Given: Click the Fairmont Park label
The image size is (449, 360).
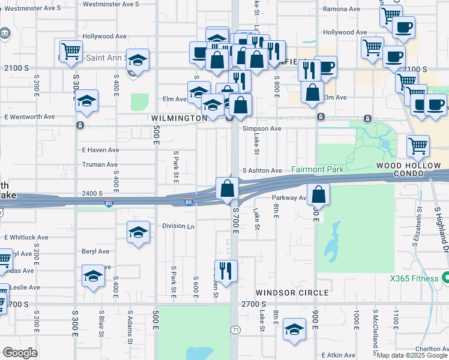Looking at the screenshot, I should [x=318, y=170].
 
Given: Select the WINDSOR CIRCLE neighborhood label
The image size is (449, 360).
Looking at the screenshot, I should [x=292, y=293].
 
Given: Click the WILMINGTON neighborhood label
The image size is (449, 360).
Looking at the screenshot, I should [x=179, y=119].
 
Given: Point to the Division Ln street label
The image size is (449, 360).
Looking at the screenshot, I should [x=178, y=226].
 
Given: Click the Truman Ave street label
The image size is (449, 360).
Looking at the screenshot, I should [x=100, y=164].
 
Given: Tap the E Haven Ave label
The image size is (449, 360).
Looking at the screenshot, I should [x=100, y=150].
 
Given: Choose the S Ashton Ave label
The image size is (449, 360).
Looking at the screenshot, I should [x=262, y=171].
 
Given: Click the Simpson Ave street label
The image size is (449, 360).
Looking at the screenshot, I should [x=262, y=128].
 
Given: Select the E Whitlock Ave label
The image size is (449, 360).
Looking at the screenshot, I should [x=26, y=238].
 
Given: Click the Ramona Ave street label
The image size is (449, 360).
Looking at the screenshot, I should [x=340, y=10].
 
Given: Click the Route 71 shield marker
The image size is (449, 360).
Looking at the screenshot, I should [x=235, y=330].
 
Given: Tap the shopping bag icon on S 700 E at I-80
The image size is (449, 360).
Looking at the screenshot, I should [x=228, y=189].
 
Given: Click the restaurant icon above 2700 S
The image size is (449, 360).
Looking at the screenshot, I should [x=226, y=270].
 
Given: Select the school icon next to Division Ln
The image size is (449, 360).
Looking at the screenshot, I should [x=138, y=232].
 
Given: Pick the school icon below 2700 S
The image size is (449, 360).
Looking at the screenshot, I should [x=294, y=329].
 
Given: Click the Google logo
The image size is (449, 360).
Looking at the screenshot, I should [x=20, y=353].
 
